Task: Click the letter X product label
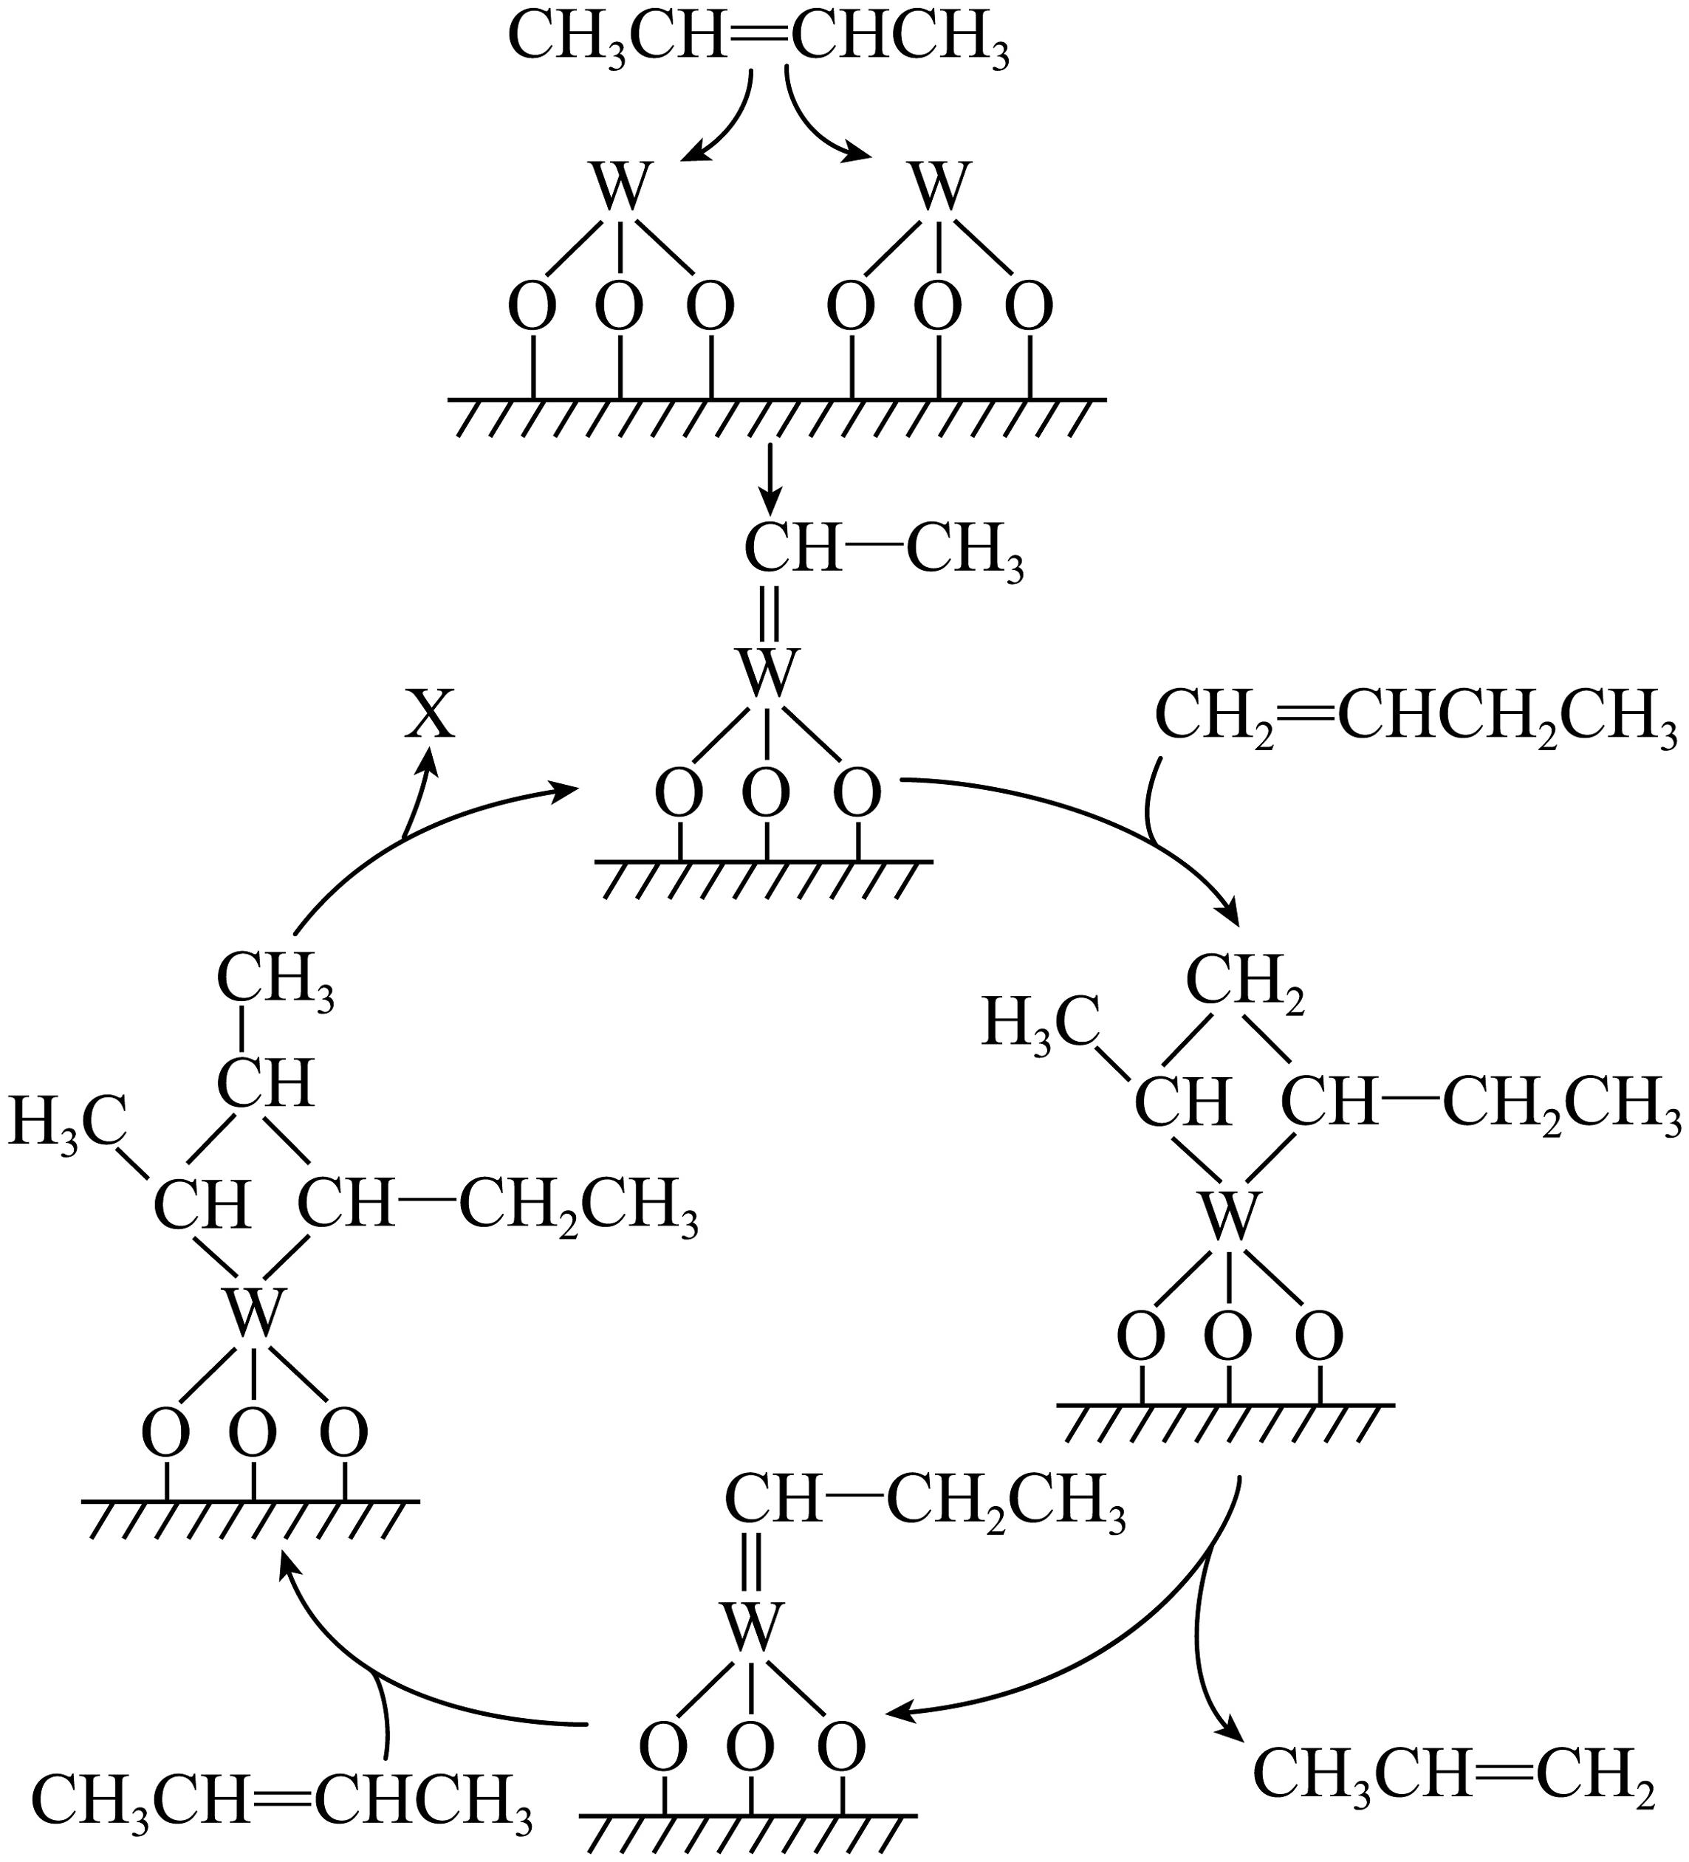(431, 715)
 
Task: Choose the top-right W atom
(939, 188)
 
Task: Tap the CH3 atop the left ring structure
(275, 980)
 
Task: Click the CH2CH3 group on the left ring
(578, 1207)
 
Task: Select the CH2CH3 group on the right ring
(1561, 1104)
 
